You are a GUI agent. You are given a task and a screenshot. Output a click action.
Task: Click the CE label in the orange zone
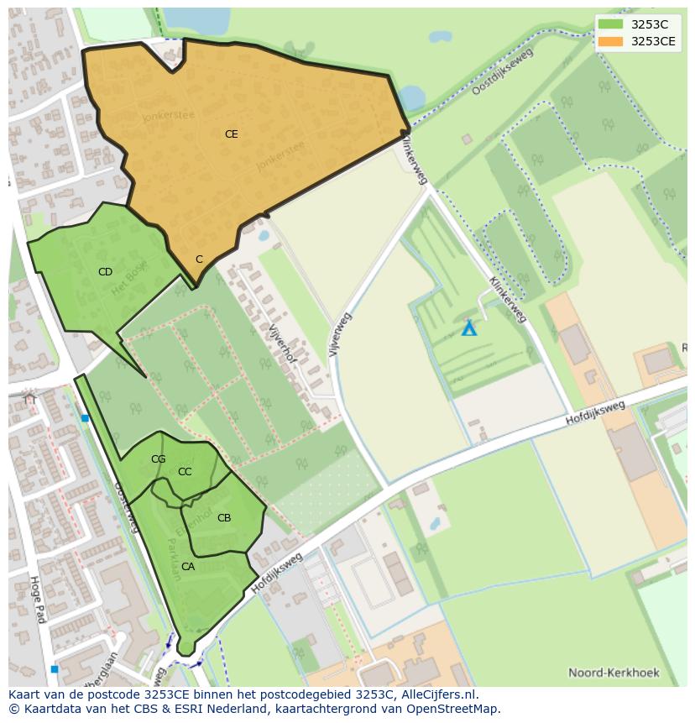click(231, 134)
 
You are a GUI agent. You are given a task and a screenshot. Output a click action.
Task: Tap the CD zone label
click(105, 272)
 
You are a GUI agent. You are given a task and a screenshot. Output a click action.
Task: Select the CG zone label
click(158, 459)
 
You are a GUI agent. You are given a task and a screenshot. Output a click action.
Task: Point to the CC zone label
click(185, 472)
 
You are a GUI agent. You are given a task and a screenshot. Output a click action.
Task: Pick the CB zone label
click(224, 518)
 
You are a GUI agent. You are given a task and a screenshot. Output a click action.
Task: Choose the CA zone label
click(188, 567)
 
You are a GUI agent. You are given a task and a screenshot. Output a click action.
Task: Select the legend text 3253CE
click(653, 41)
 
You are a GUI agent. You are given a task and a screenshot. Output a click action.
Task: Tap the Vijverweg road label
click(340, 335)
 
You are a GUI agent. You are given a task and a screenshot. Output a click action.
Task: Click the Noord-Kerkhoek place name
click(614, 673)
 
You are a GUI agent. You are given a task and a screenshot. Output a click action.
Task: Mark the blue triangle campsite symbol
click(469, 328)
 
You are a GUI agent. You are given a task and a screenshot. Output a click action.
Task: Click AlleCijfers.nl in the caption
click(433, 694)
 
